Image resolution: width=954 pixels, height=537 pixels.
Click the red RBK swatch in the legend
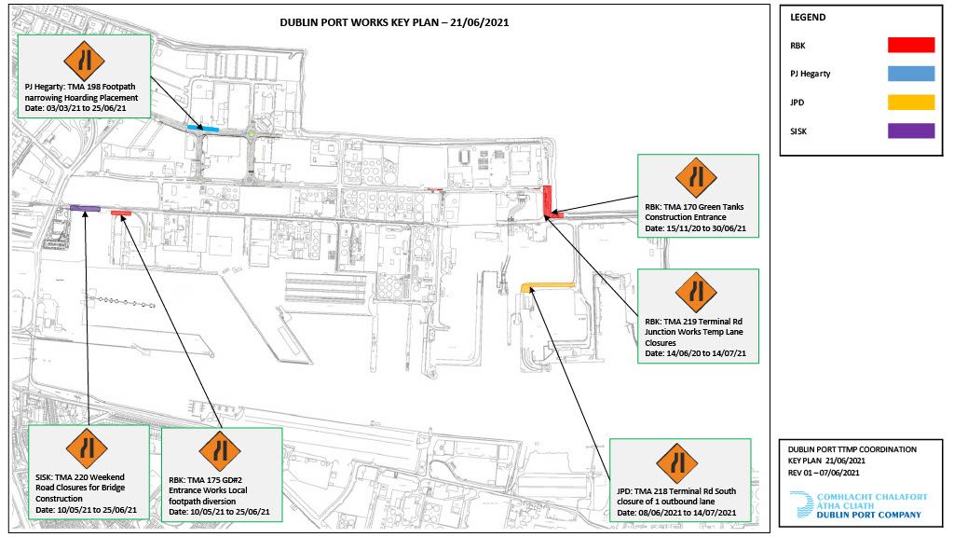911,45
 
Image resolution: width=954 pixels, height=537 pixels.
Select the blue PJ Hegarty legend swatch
911,74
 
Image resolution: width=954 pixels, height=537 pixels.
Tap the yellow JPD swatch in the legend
911,103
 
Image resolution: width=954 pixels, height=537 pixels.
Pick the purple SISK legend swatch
911,131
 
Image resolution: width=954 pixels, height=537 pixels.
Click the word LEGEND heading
808,17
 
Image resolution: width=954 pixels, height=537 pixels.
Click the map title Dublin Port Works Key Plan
394,22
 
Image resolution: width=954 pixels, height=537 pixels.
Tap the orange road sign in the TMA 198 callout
84,61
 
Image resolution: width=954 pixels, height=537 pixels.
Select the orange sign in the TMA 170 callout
696,178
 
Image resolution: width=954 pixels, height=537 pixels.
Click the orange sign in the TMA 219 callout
696,293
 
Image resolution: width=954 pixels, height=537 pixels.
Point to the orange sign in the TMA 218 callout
677,462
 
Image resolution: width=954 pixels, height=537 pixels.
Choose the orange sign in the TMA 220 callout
87,448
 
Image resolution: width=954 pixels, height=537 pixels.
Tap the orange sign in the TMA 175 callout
220,452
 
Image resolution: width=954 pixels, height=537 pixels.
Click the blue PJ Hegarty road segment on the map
202,128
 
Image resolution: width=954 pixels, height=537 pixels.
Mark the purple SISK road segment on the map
85,208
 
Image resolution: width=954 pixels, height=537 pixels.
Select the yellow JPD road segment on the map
548,285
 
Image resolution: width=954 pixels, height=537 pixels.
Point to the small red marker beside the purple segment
121,213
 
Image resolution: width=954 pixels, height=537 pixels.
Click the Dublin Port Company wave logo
801,504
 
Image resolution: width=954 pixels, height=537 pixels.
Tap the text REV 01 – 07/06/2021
824,473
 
